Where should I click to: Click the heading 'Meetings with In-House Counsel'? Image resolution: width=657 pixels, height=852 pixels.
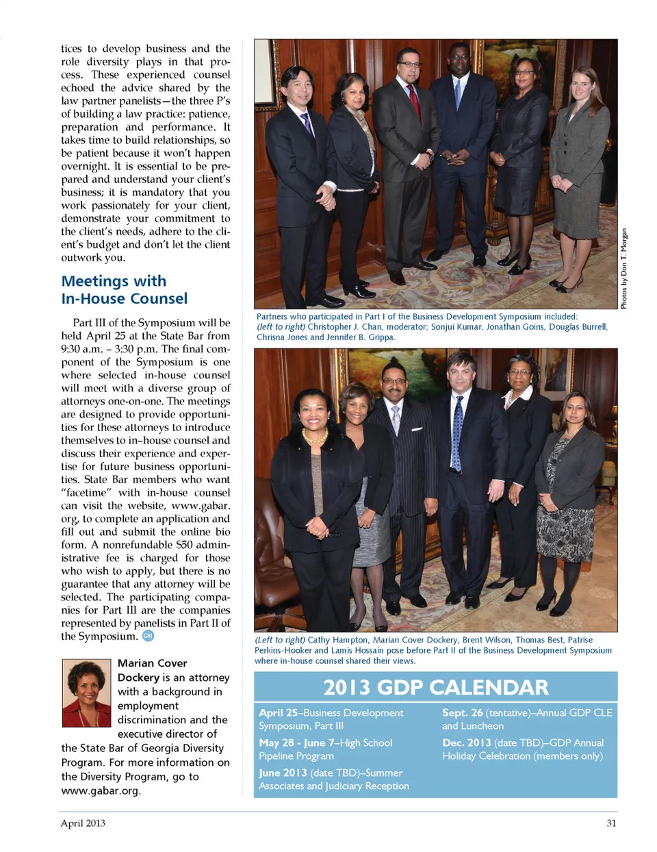pos(124,289)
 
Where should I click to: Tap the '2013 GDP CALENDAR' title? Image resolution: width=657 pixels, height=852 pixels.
pos(435,687)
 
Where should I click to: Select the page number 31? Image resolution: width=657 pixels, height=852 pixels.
pos(611,823)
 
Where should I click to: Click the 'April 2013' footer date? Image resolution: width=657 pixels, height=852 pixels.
pos(83,823)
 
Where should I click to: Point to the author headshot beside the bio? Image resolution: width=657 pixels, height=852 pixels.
pos(86,693)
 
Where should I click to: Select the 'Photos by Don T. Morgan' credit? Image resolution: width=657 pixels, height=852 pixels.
pos(623,268)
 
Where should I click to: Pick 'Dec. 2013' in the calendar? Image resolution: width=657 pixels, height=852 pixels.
pos(467,743)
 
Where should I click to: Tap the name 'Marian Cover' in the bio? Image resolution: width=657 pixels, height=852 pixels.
pos(152,663)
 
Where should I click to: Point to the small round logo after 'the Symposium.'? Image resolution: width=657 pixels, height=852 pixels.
pos(149,636)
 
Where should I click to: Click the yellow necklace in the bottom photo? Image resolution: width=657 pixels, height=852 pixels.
pos(314,436)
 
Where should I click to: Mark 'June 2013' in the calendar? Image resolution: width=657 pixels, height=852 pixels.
pos(283,773)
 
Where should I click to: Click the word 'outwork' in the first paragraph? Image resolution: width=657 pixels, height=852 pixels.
pos(81,257)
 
